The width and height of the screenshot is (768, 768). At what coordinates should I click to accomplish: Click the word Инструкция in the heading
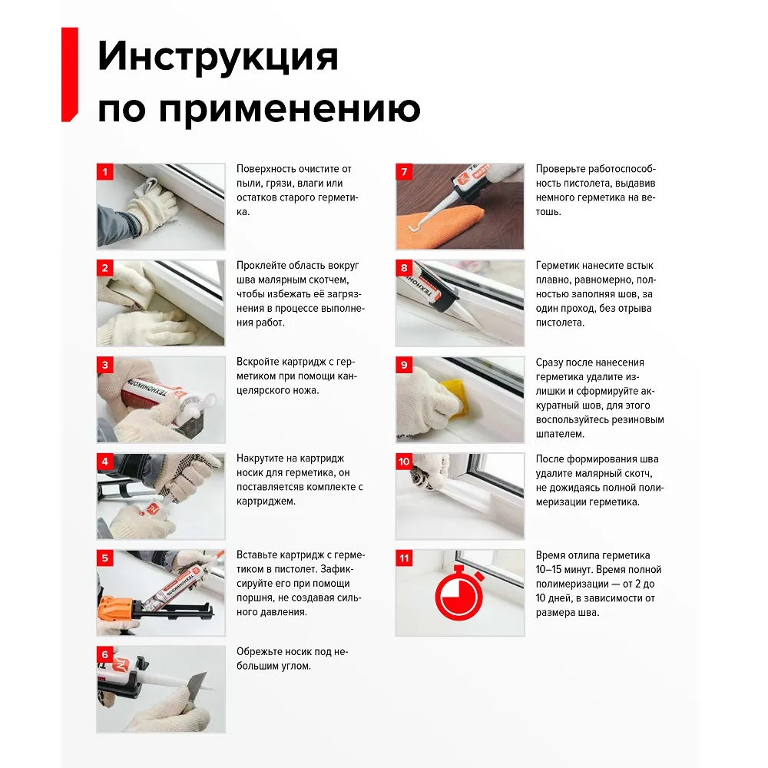pyautogui.click(x=218, y=58)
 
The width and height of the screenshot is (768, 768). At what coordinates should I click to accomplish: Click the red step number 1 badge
pyautogui.click(x=105, y=172)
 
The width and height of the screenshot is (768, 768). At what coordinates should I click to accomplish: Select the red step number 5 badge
pyautogui.click(x=105, y=558)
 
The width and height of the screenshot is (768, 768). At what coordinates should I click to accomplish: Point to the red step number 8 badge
pyautogui.click(x=404, y=269)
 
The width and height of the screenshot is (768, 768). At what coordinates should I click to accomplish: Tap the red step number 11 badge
pyautogui.click(x=404, y=558)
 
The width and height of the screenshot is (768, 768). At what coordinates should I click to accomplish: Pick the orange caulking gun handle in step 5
pyautogui.click(x=117, y=608)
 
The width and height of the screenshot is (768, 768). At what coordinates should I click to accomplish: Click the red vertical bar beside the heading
pyautogui.click(x=69, y=74)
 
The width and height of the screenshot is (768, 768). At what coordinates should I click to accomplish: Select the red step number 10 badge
pyautogui.click(x=404, y=462)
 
